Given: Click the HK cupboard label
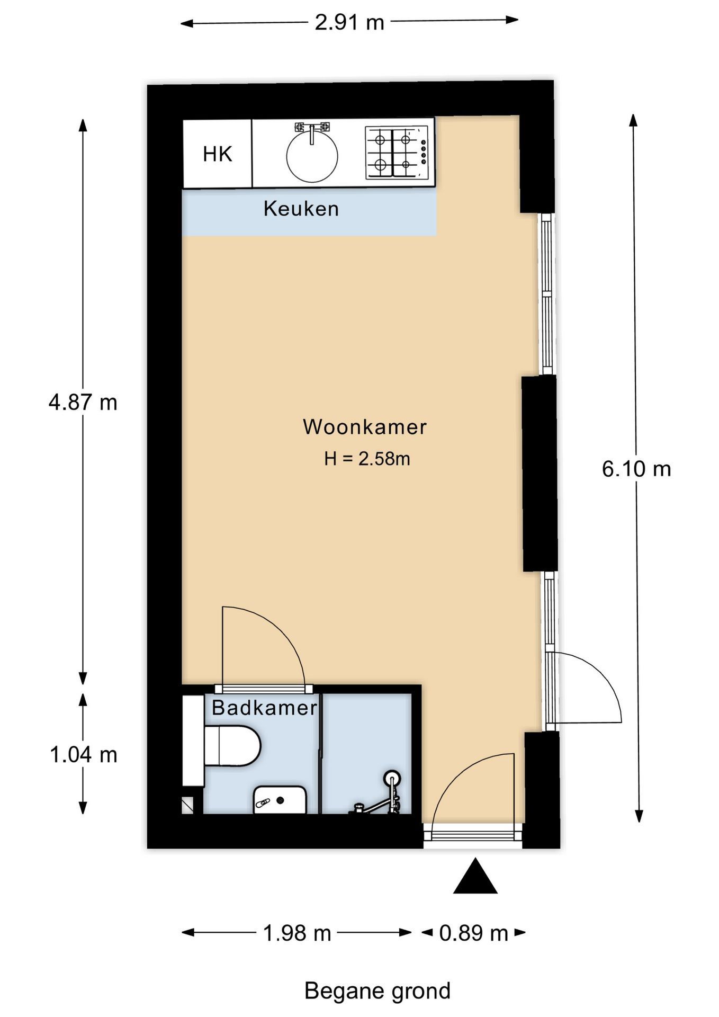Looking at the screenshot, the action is coord(218,154).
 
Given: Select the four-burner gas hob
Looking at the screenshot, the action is coord(397,152).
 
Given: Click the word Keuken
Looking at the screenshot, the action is coord(301,209).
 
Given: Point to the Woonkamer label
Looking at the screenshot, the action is coord(365,427).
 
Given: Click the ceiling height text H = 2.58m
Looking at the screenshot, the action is coord(367,459).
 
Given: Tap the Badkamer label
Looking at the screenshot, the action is coord(264,708).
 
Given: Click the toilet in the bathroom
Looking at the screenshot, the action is coord(232,746).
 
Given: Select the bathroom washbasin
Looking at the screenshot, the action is coord(280,799).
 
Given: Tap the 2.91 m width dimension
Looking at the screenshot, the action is coord(349,22).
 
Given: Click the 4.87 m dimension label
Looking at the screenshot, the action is coord(83,403).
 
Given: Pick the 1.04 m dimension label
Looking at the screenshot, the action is coord(83,755).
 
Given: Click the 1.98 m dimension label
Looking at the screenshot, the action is coord(297,933).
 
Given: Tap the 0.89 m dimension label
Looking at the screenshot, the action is coord(474,933).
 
